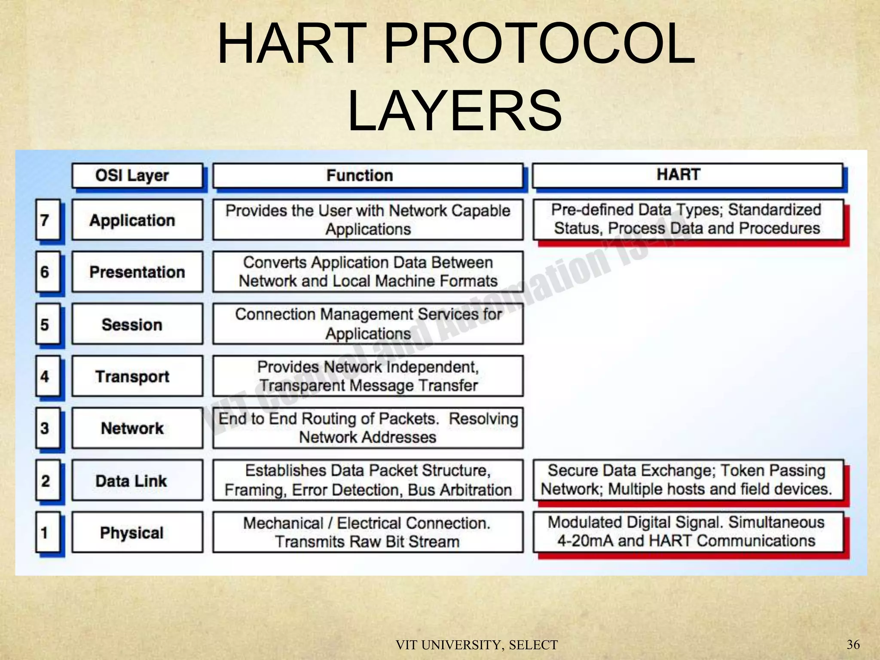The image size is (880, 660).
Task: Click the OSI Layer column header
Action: pyautogui.click(x=137, y=175)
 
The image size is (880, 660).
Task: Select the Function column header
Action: pyautogui.click(x=368, y=175)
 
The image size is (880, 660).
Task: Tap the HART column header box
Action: pyautogui.click(x=687, y=175)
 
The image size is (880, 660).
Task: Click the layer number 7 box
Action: pyautogui.click(x=47, y=220)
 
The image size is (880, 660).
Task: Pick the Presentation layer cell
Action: pyautogui.click(x=137, y=272)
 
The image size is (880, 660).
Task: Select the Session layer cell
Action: pyautogui.click(x=137, y=324)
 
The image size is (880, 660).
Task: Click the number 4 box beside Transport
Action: pyautogui.click(x=47, y=376)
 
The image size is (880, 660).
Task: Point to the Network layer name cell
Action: pyautogui.click(x=137, y=428)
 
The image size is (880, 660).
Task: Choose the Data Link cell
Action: pyautogui.click(x=137, y=480)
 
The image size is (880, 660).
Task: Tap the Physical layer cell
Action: pyautogui.click(x=137, y=532)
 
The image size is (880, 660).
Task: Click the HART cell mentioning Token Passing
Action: pyautogui.click(x=687, y=480)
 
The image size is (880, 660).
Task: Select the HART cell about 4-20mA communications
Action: pyautogui.click(x=687, y=532)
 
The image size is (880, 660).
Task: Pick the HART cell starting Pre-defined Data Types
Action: pyautogui.click(x=687, y=219)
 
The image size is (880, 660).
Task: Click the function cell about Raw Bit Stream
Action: pyautogui.click(x=368, y=532)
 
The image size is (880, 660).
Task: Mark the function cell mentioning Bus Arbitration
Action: pyautogui.click(x=368, y=480)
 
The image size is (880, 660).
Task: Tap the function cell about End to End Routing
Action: pyautogui.click(x=368, y=428)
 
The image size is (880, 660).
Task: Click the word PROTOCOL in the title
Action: pyautogui.click(x=539, y=44)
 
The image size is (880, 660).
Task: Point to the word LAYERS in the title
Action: pyautogui.click(x=455, y=111)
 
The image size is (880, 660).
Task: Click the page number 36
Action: pyautogui.click(x=853, y=644)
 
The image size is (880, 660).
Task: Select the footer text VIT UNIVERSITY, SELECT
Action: pyautogui.click(x=477, y=645)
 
